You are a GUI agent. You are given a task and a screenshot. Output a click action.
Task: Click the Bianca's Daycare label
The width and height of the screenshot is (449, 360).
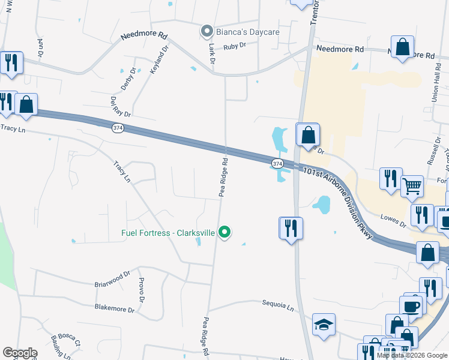248,31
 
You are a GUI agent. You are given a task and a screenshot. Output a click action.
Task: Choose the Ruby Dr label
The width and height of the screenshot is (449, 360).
235,46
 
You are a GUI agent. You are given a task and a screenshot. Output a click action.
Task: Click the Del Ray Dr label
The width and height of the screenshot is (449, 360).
120,107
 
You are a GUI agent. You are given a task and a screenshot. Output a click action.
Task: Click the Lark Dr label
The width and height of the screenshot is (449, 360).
211,53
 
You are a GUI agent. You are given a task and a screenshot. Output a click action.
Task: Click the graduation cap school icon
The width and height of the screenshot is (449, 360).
324,325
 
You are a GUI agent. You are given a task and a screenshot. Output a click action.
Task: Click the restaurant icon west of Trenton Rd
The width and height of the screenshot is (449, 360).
291,228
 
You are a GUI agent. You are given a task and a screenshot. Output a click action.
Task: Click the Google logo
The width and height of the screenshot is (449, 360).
19,353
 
